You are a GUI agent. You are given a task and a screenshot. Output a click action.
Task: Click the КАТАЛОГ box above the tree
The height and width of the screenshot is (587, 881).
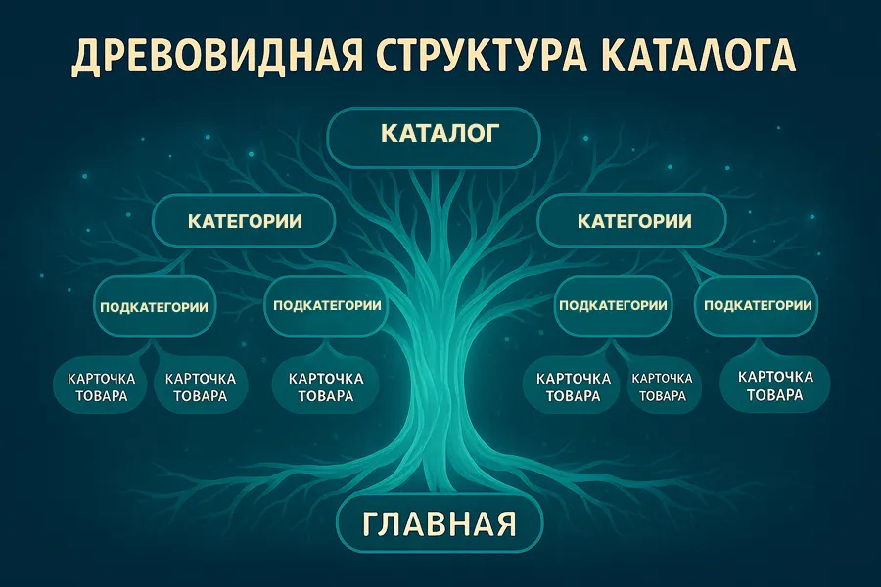433,135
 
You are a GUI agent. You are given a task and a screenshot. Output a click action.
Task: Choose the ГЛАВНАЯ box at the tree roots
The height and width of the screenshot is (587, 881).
439,523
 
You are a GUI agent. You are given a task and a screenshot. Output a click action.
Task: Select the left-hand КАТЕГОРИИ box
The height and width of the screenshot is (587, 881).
244,221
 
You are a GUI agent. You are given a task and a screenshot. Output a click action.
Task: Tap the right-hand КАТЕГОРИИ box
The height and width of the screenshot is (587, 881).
633,221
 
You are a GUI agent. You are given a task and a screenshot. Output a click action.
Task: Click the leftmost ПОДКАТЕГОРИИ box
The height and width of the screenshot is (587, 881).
154,307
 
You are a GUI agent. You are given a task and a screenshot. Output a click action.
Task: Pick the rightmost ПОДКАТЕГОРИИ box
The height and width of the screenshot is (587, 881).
757,305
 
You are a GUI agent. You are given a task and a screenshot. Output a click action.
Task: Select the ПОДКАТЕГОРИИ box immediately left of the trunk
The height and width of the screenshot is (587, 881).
327,305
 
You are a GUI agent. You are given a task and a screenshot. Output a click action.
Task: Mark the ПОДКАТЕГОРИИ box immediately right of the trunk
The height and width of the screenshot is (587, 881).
613,305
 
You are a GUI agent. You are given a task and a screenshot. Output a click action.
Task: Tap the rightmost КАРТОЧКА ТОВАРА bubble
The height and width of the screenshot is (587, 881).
774,385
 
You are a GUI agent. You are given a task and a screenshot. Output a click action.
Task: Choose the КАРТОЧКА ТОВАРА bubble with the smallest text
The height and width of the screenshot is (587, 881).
663,386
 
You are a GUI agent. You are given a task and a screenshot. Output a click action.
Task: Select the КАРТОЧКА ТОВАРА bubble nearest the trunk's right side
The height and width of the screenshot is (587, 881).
573,386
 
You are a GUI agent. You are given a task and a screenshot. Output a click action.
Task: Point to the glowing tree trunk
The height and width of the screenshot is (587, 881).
439,391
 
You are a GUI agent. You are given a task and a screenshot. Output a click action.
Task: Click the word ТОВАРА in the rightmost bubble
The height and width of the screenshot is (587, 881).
774,395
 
